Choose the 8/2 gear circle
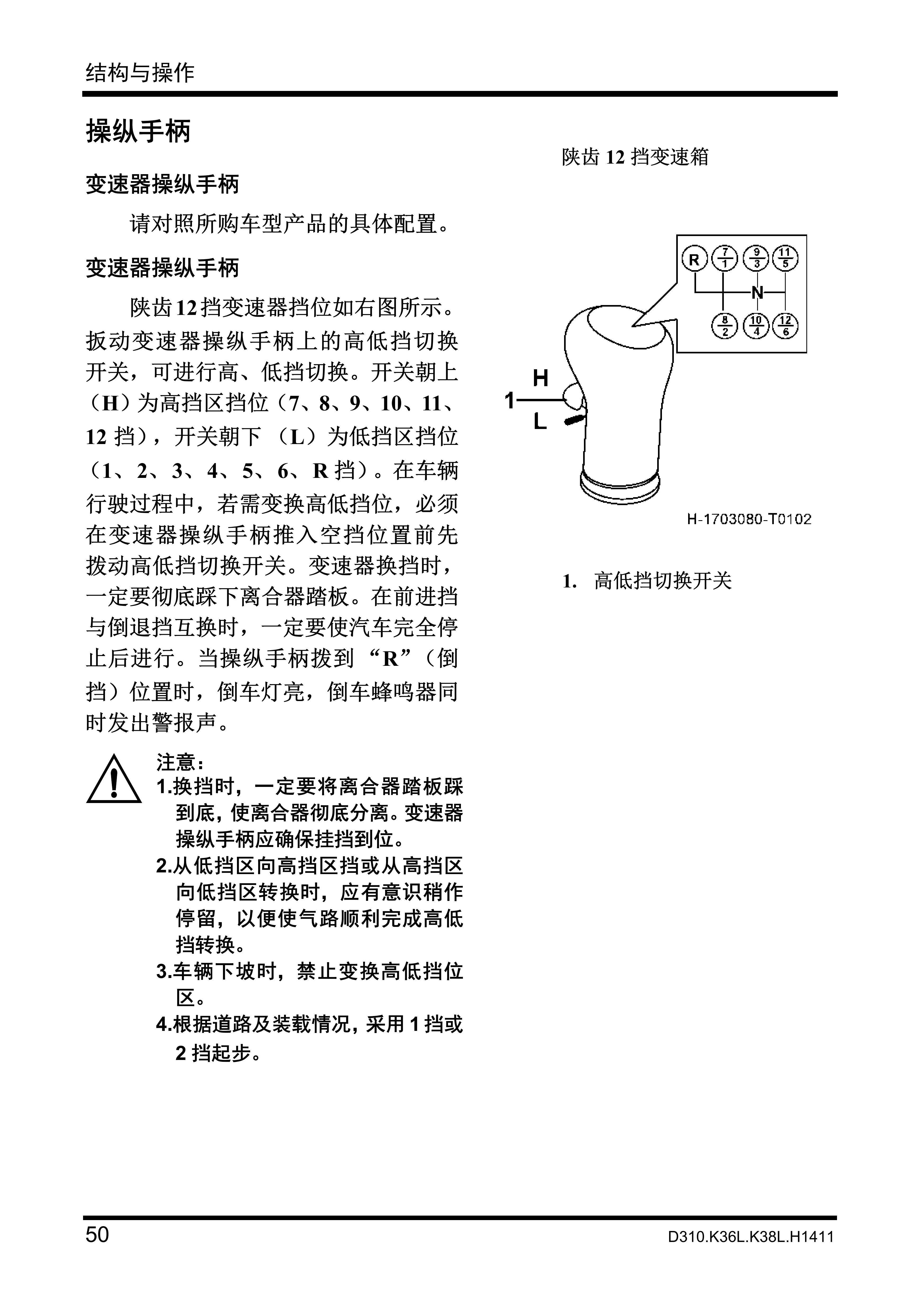[724, 326]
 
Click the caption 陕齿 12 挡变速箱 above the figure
[635, 157]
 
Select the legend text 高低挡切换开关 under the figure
[662, 581]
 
